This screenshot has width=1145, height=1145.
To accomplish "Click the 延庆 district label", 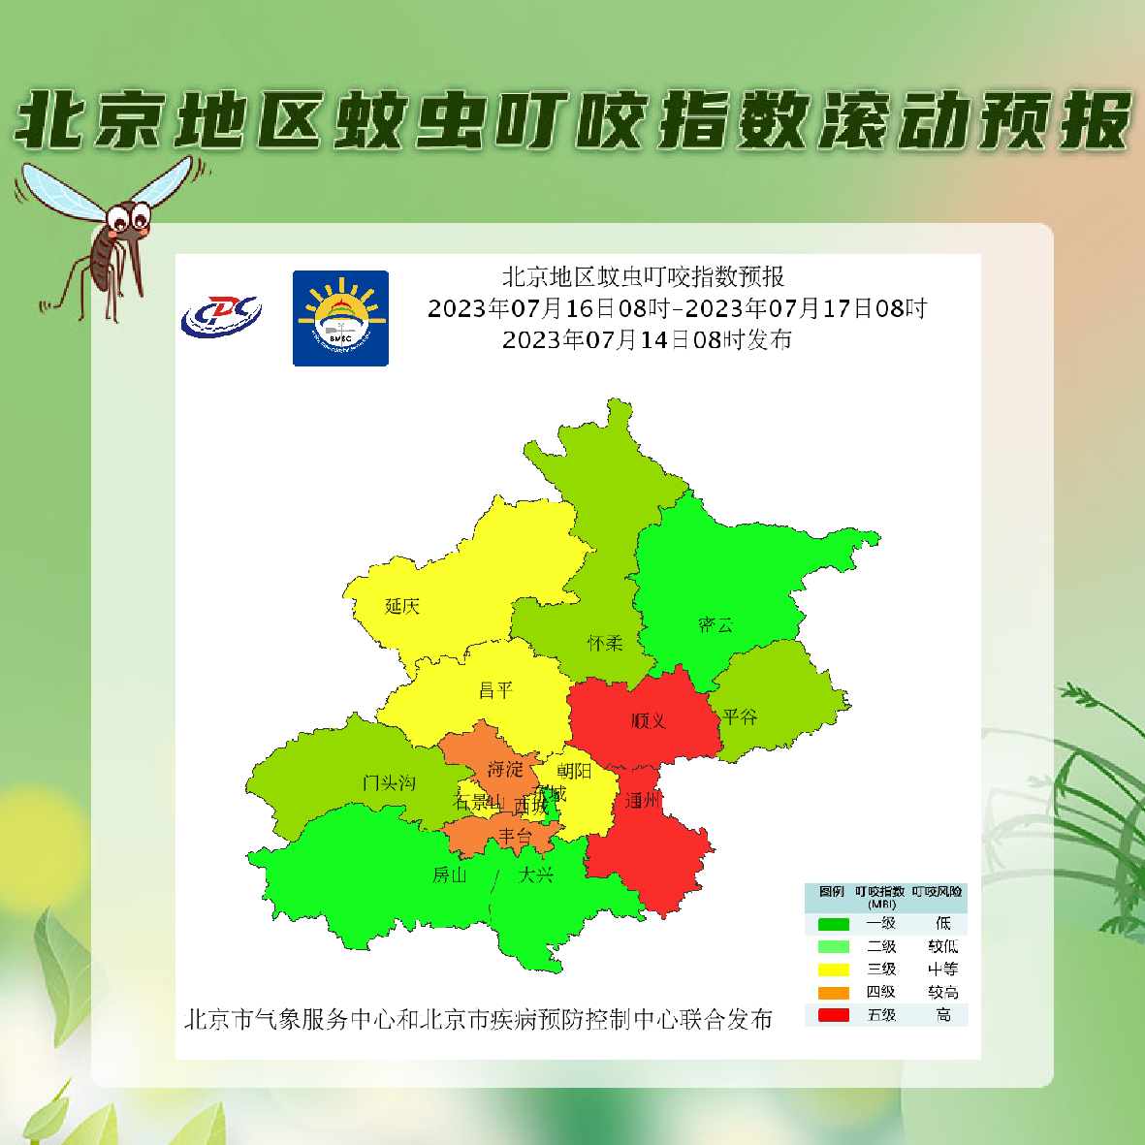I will click(x=402, y=607).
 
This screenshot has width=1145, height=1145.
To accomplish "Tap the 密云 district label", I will click(x=716, y=625).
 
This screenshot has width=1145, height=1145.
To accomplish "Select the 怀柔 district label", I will click(x=605, y=643).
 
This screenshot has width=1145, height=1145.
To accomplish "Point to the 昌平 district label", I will click(x=495, y=690).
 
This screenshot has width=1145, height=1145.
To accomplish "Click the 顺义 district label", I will click(x=648, y=720).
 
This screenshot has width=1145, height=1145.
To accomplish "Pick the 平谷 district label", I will click(x=740, y=717).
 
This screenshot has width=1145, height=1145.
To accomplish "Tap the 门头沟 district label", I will click(x=389, y=782).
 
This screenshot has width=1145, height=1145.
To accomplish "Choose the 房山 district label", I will click(x=449, y=875).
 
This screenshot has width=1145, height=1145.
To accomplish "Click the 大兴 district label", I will click(x=536, y=875).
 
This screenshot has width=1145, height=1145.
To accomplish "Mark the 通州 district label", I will click(x=642, y=801).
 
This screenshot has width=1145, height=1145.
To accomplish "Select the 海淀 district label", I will click(x=505, y=769).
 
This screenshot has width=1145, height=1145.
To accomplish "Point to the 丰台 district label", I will click(x=515, y=835).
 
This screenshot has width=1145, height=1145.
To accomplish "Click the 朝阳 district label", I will click(x=574, y=771).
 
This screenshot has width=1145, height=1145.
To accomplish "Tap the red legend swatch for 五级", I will click(x=834, y=1015).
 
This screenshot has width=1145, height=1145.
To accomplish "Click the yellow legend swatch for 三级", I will click(x=834, y=970).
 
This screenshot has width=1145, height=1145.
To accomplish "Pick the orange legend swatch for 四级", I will click(x=834, y=993).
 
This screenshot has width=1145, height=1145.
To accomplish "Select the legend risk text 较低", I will click(x=942, y=946).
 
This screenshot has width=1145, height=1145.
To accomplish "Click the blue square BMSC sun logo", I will click(x=340, y=318).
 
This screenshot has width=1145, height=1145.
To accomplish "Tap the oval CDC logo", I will click(x=221, y=315).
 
